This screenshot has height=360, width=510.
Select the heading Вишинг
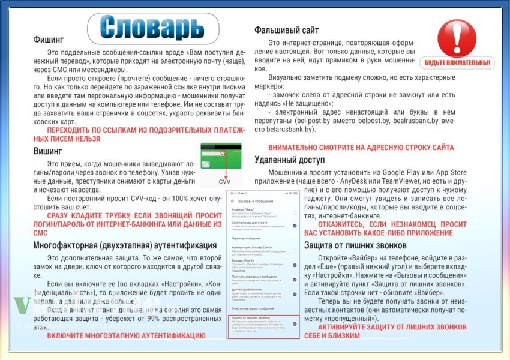coord(48,151)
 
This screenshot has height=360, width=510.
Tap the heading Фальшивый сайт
coord(287,30)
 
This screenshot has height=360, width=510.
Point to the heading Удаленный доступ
coord(289,160)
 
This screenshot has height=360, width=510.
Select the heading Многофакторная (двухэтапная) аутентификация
coord(125,245)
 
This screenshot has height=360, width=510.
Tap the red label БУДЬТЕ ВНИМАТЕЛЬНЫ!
coord(459,62)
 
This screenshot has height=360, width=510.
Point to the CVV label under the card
coord(224,181)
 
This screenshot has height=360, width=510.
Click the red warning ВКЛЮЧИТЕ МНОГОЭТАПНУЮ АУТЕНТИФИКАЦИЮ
coord(126,335)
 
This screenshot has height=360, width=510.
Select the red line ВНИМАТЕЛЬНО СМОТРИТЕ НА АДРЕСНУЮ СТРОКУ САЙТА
coord(361,147)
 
